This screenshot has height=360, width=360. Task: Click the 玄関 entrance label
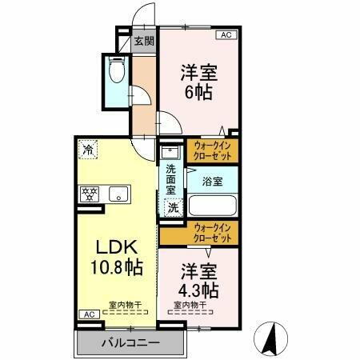click(x=144, y=40)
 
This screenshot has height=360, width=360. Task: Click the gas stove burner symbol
click(x=87, y=193)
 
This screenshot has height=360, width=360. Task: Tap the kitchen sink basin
click(x=118, y=193)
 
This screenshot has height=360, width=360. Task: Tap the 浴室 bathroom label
click(x=212, y=182)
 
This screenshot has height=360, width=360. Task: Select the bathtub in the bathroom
click(x=213, y=206)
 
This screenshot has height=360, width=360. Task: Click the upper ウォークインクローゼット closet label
click(x=213, y=150)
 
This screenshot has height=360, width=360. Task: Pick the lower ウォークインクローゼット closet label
click(x=214, y=234)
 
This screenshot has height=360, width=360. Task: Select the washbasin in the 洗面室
click(x=170, y=151)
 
